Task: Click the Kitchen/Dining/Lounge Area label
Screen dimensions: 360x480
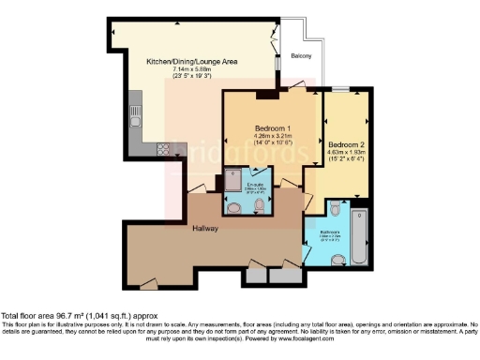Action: point(190,62)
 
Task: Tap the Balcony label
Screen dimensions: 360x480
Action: point(300,55)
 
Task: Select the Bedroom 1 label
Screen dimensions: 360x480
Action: point(274,127)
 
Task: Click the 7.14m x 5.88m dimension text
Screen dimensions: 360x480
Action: point(190,70)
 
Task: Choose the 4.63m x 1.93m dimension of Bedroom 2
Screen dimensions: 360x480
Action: point(344,156)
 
